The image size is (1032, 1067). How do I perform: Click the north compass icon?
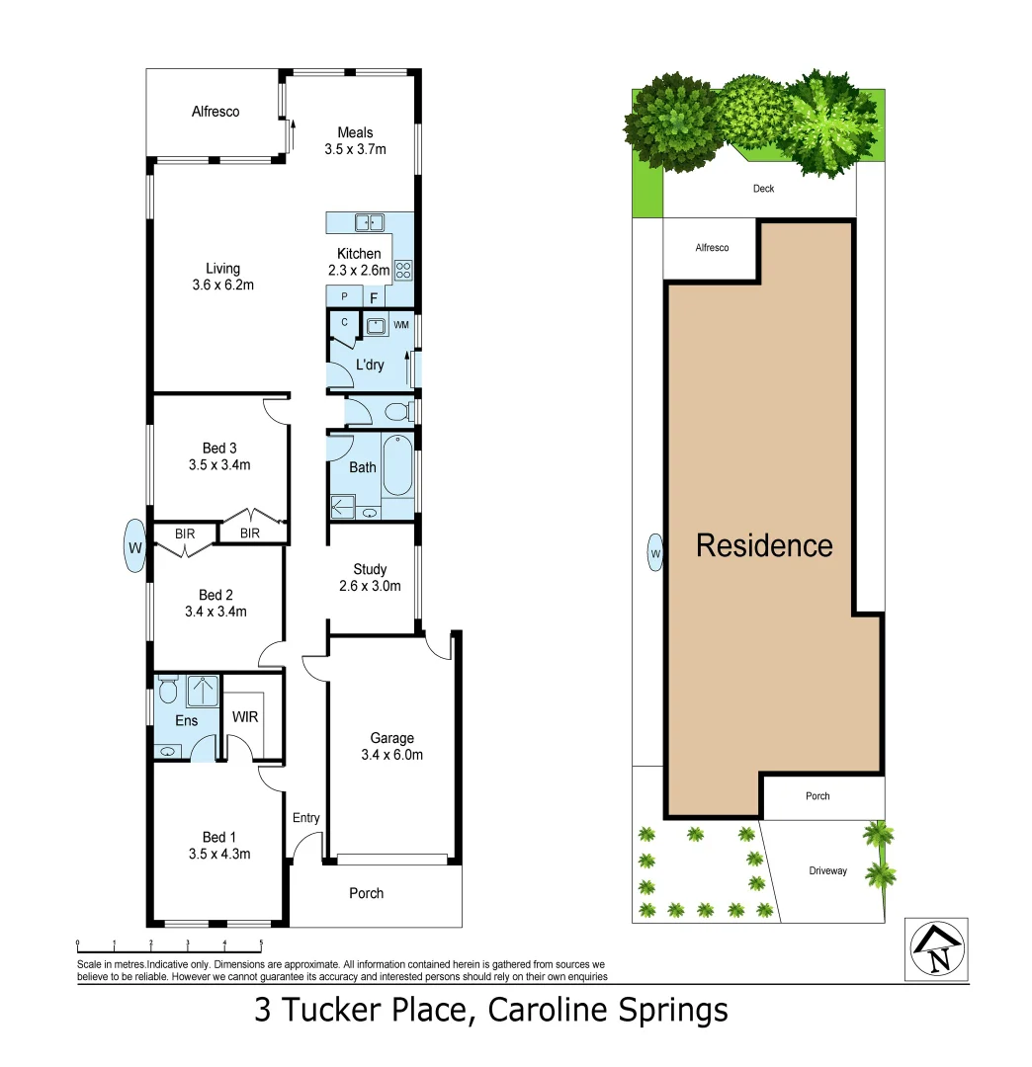(x=937, y=949)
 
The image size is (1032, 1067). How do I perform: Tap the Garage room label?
(x=391, y=738)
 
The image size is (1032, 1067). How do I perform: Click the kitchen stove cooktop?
(x=403, y=268)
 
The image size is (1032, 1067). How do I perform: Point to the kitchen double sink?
(x=370, y=222)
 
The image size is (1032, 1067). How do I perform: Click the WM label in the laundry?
(x=400, y=324)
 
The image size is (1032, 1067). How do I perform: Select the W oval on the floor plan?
(x=134, y=545)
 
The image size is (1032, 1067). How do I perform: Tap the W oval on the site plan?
(x=654, y=552)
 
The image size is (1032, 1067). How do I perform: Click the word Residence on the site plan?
(x=764, y=544)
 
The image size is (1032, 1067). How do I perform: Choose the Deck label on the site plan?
(x=763, y=189)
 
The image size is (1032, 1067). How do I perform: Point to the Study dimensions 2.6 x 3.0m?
(x=370, y=586)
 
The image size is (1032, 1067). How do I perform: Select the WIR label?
(x=245, y=717)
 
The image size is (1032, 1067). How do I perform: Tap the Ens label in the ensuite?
(x=186, y=720)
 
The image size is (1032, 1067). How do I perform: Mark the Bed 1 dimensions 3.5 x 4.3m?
(x=218, y=854)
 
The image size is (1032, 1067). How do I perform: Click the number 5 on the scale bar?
(x=261, y=944)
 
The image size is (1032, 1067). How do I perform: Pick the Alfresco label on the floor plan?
(x=215, y=112)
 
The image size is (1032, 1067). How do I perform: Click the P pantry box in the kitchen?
(x=345, y=296)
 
